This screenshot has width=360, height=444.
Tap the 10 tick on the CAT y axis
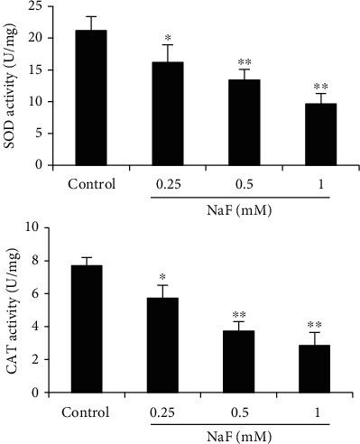click(x=35, y=227)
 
